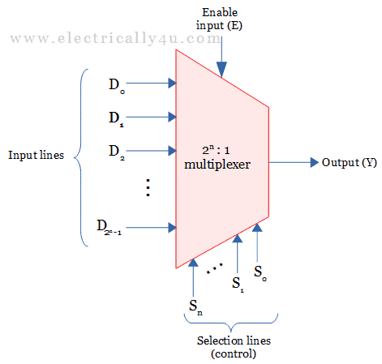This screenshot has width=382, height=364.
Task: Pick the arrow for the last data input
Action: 154,227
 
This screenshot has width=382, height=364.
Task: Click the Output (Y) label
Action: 350,162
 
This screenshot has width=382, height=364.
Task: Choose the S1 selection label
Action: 237,284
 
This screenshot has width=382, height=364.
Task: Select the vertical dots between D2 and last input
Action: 148,188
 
